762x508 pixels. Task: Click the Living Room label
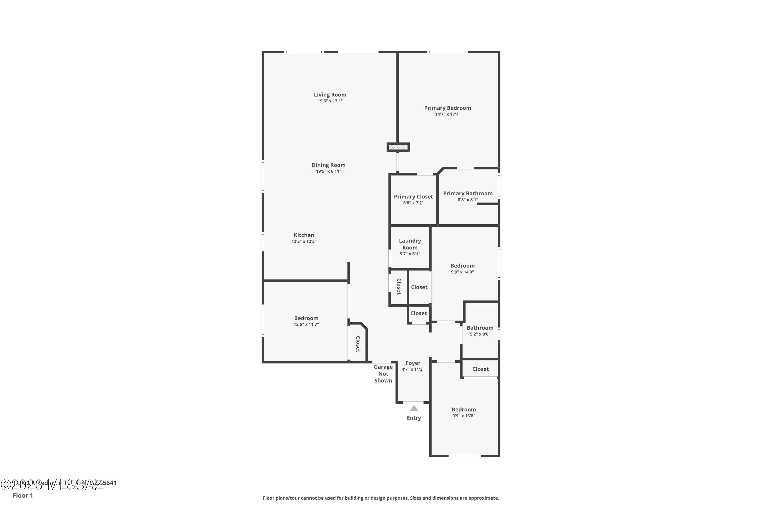[x=330, y=94]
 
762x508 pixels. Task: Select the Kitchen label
[x=304, y=235]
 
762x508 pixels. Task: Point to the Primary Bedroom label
[x=447, y=108]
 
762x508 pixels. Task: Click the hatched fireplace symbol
[x=398, y=147]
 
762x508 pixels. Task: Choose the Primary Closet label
[x=413, y=197]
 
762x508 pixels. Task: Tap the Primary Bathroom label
[x=468, y=193]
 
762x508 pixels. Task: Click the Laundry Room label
[x=410, y=244]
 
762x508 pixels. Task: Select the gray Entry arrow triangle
[x=414, y=408]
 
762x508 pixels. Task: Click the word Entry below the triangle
[x=414, y=418]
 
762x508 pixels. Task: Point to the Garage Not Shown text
[x=383, y=374]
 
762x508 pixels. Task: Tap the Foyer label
[x=413, y=363]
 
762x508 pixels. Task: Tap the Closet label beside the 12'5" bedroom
[x=358, y=344]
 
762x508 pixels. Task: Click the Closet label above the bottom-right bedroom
[x=480, y=369]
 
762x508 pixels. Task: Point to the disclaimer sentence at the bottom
[x=381, y=498]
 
